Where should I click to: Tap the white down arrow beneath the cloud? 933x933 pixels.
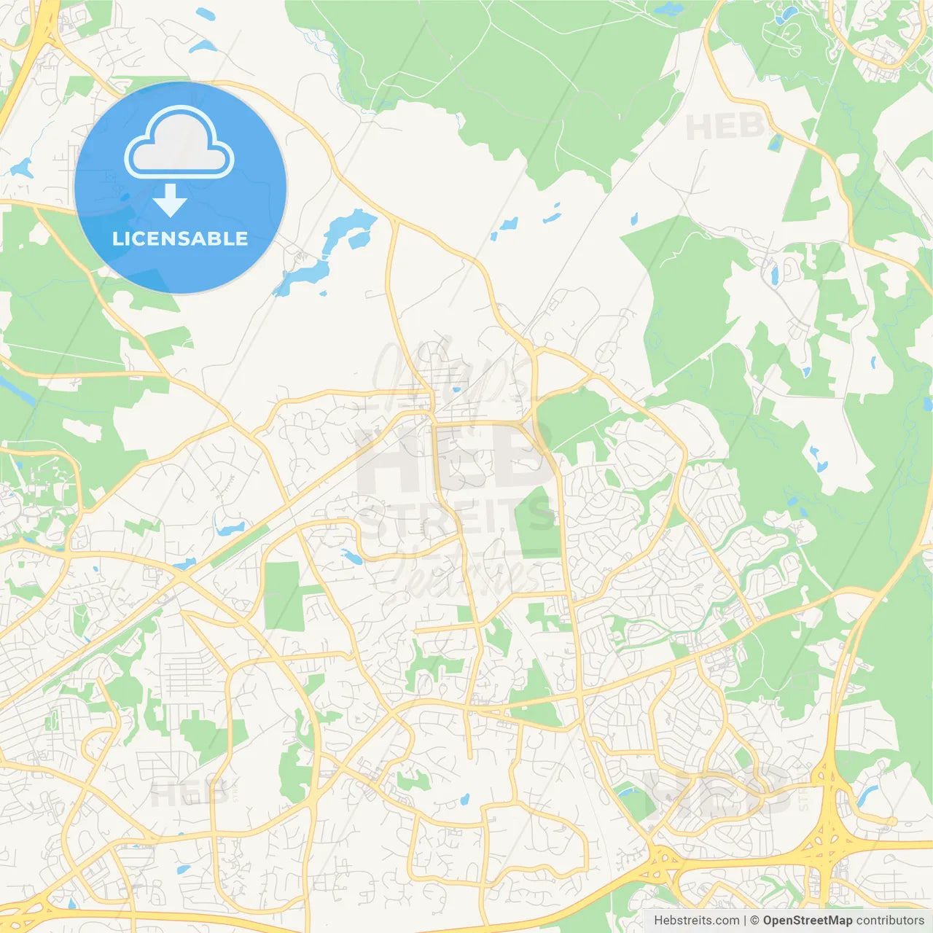(x=170, y=200)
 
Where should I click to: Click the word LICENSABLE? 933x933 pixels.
(x=180, y=238)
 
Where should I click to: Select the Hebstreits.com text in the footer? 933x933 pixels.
(x=697, y=921)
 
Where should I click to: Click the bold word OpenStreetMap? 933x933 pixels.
(x=807, y=921)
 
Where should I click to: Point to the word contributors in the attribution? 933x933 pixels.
(x=890, y=921)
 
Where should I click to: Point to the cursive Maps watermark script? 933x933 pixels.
(x=452, y=372)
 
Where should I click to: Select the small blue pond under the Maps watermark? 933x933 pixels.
(x=456, y=390)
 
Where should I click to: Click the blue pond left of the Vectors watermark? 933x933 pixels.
(x=353, y=558)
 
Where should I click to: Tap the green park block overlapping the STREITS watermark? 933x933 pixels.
(x=536, y=521)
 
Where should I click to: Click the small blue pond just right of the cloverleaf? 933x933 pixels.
(x=867, y=795)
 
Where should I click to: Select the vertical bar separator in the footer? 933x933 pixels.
(x=745, y=921)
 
